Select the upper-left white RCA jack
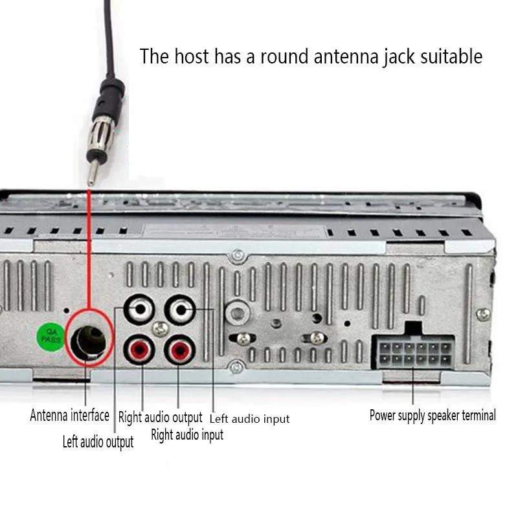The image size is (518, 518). (140, 310)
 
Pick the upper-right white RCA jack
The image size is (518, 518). (180, 310)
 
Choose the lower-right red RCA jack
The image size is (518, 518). (179, 351)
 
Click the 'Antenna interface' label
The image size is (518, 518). (69, 415)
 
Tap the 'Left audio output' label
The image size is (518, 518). (98, 442)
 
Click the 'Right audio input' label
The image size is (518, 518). (187, 435)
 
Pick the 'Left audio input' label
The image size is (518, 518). (249, 419)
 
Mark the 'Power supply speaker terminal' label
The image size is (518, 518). (433, 415)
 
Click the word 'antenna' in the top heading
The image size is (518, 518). (343, 56)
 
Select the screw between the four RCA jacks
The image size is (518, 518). (159, 330)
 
